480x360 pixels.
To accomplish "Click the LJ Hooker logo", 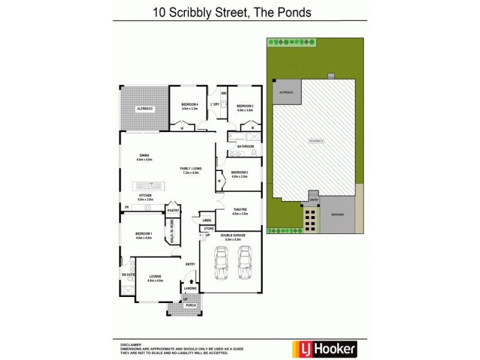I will (x=324, y=348).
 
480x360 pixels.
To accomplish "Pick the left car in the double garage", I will (x=221, y=262).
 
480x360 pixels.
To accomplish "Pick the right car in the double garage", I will (x=244, y=262).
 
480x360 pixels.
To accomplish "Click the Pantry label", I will (x=173, y=211).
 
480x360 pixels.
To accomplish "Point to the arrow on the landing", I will (x=191, y=281).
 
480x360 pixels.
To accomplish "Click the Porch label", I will (x=190, y=305).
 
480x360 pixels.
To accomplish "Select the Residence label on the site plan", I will (x=316, y=140).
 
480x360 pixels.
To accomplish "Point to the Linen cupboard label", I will (x=206, y=220).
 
